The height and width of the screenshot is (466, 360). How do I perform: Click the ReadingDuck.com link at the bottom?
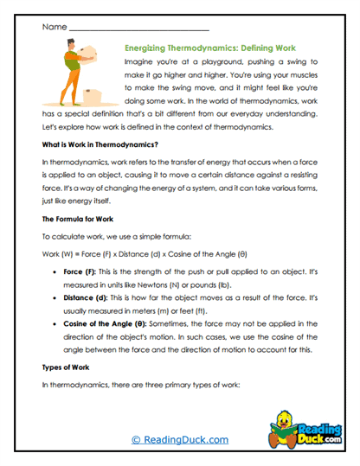[180, 439]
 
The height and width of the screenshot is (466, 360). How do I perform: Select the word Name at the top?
[54, 27]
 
